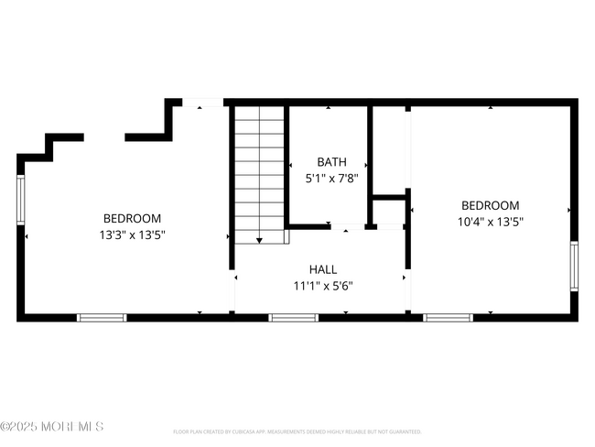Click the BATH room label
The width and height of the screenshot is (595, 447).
[x=330, y=161]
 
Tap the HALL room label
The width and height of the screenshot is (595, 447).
[x=322, y=269]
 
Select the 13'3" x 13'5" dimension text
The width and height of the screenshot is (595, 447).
[x=132, y=234]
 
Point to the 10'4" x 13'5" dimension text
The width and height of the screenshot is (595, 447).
[x=490, y=222]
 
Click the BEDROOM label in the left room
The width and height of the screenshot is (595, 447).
[x=132, y=219]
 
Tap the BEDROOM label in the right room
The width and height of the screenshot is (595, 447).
[x=490, y=206]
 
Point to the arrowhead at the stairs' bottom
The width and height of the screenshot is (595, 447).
[x=260, y=240]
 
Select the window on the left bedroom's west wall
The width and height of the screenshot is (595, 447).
[x=21, y=199]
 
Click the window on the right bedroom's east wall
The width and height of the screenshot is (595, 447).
[x=574, y=266]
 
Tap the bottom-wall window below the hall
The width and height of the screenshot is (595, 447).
[x=293, y=318]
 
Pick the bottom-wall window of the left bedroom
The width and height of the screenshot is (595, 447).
[x=101, y=318]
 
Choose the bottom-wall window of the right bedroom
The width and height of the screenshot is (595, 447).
[x=448, y=318]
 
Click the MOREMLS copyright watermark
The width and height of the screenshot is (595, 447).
[x=52, y=427]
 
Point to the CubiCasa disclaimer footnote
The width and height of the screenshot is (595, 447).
[x=297, y=431]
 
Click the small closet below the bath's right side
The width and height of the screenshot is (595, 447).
[x=388, y=212]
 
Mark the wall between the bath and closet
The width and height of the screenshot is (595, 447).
[x=370, y=165]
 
